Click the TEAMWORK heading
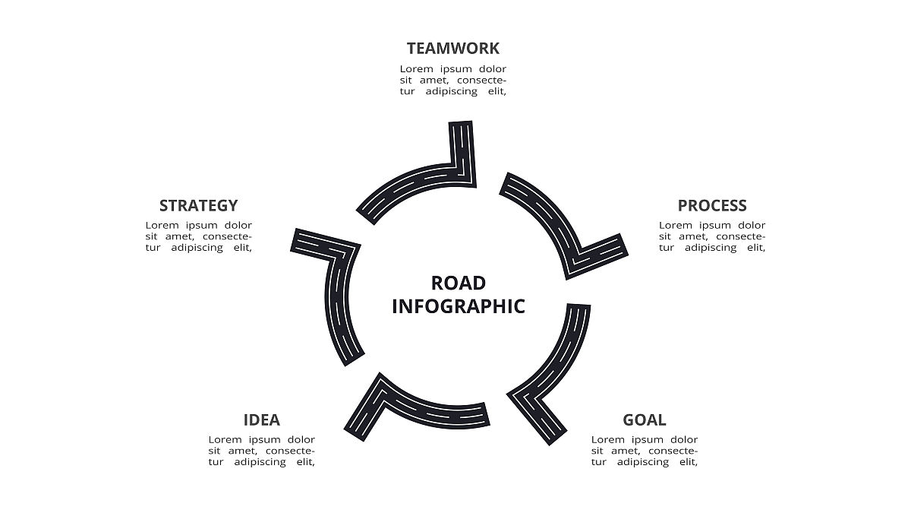coord(453,49)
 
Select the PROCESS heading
coord(712,206)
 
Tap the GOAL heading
coord(645,420)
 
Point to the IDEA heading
coord(262,420)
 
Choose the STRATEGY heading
coord(199,206)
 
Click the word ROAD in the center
coord(459,283)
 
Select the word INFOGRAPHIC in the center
coord(459,306)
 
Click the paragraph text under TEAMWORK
coord(453,80)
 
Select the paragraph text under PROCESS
coord(712,236)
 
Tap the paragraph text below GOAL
coord(645,451)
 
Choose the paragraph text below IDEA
coord(262,451)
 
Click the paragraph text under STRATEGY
coord(199,236)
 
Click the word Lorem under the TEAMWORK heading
coord(417,69)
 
